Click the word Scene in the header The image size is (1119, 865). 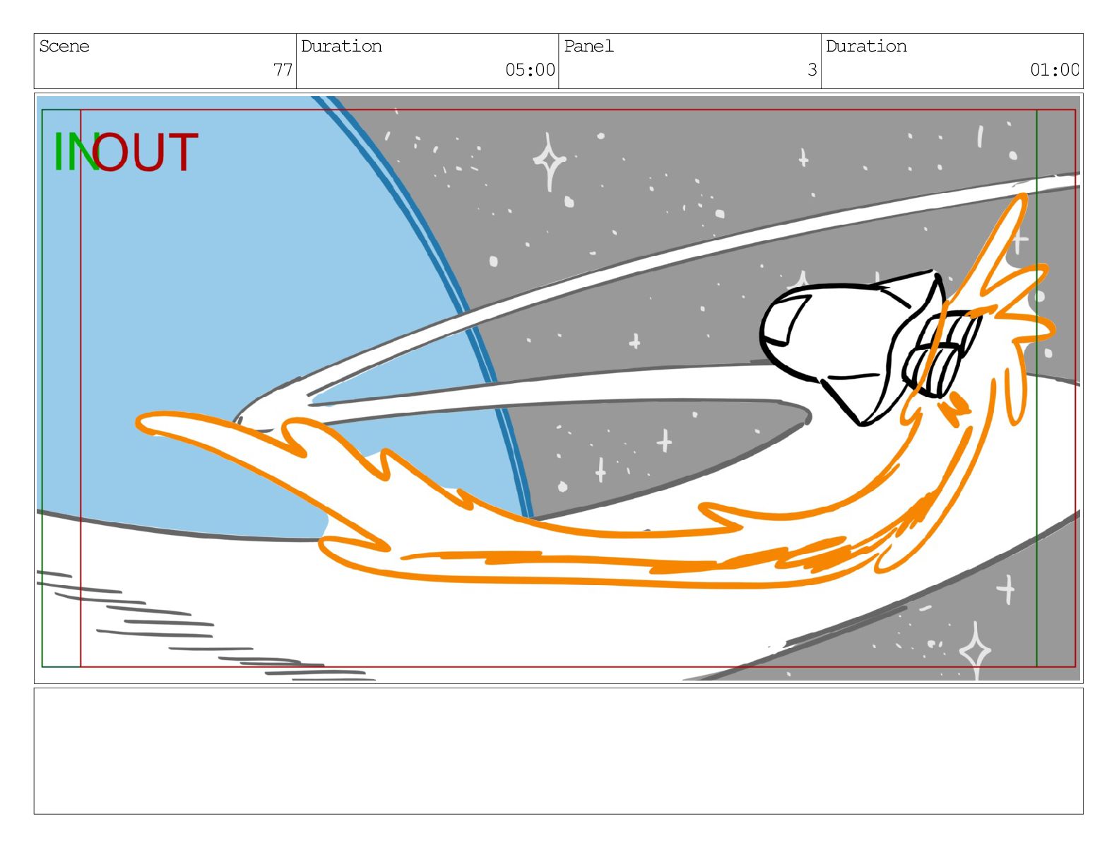64,47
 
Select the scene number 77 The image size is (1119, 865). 283,69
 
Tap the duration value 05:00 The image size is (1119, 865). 530,69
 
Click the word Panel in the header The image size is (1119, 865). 588,47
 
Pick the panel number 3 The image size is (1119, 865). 812,69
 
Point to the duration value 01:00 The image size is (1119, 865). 1054,69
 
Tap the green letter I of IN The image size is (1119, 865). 58,151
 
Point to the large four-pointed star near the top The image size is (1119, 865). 549,160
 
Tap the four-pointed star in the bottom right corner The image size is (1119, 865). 975,651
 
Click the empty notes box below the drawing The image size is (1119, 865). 558,751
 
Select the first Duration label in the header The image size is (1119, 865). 341,47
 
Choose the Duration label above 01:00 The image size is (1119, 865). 866,47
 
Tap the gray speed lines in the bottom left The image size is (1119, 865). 201,626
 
